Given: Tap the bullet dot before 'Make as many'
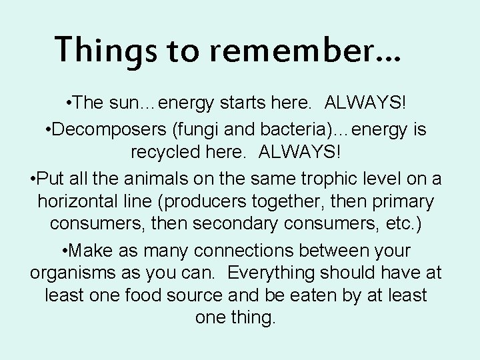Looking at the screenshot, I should coord(65,251).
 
